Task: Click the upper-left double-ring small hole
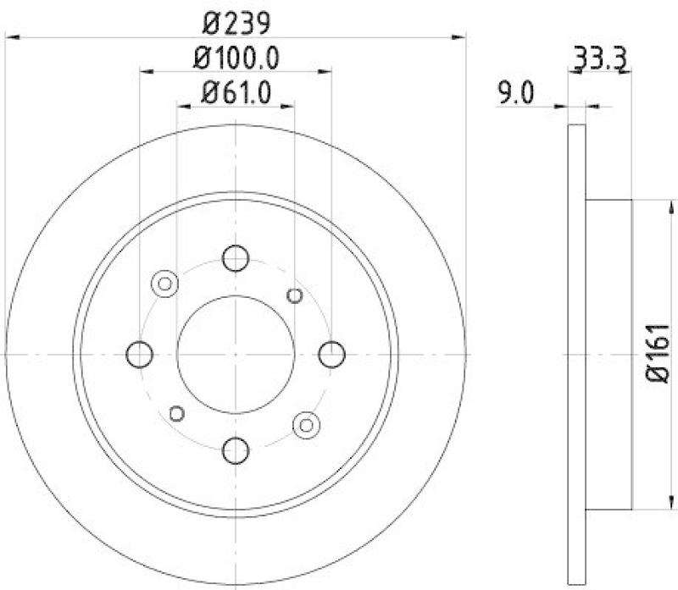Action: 164,283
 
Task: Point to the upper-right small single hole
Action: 295,295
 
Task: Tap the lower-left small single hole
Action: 177,412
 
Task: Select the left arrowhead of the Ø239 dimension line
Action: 12,36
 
